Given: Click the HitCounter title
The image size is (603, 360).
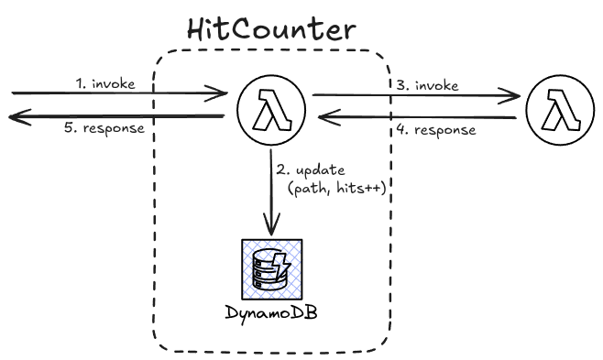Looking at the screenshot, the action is (x=271, y=29).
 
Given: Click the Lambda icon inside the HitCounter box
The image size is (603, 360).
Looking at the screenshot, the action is (x=271, y=110).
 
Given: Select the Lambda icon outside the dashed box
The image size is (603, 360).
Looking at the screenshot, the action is (x=560, y=110).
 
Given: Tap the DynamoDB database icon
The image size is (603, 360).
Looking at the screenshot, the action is (x=272, y=269).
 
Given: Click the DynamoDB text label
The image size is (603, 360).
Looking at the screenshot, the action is (x=271, y=313).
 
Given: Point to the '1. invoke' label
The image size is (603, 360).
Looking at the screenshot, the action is (x=105, y=83).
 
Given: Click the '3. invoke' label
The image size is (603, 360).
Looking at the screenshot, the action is (x=427, y=85).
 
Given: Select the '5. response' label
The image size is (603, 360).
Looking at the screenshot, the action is (x=104, y=128).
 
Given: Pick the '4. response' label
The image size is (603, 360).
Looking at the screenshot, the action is (x=436, y=130).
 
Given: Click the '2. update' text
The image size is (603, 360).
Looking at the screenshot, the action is (x=311, y=169).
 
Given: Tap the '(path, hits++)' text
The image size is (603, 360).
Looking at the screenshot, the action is (x=336, y=189).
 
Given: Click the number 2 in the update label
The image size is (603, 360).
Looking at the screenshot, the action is (x=280, y=169).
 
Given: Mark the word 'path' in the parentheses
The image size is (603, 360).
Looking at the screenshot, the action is (x=311, y=189).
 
